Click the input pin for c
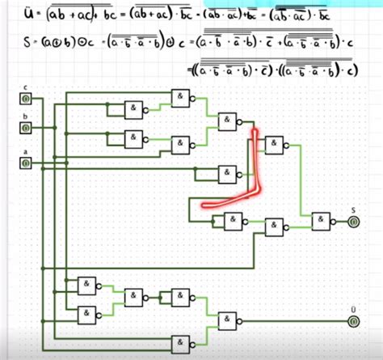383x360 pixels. tap(26, 100)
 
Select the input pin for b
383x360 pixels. tap(26, 129)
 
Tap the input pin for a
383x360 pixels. tap(26, 163)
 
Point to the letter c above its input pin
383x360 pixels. tap(25, 87)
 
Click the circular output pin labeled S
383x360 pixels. tap(354, 222)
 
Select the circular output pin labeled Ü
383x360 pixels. tap(354, 322)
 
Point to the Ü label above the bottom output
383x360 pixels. tap(353, 309)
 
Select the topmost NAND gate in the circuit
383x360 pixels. tap(179, 99)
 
